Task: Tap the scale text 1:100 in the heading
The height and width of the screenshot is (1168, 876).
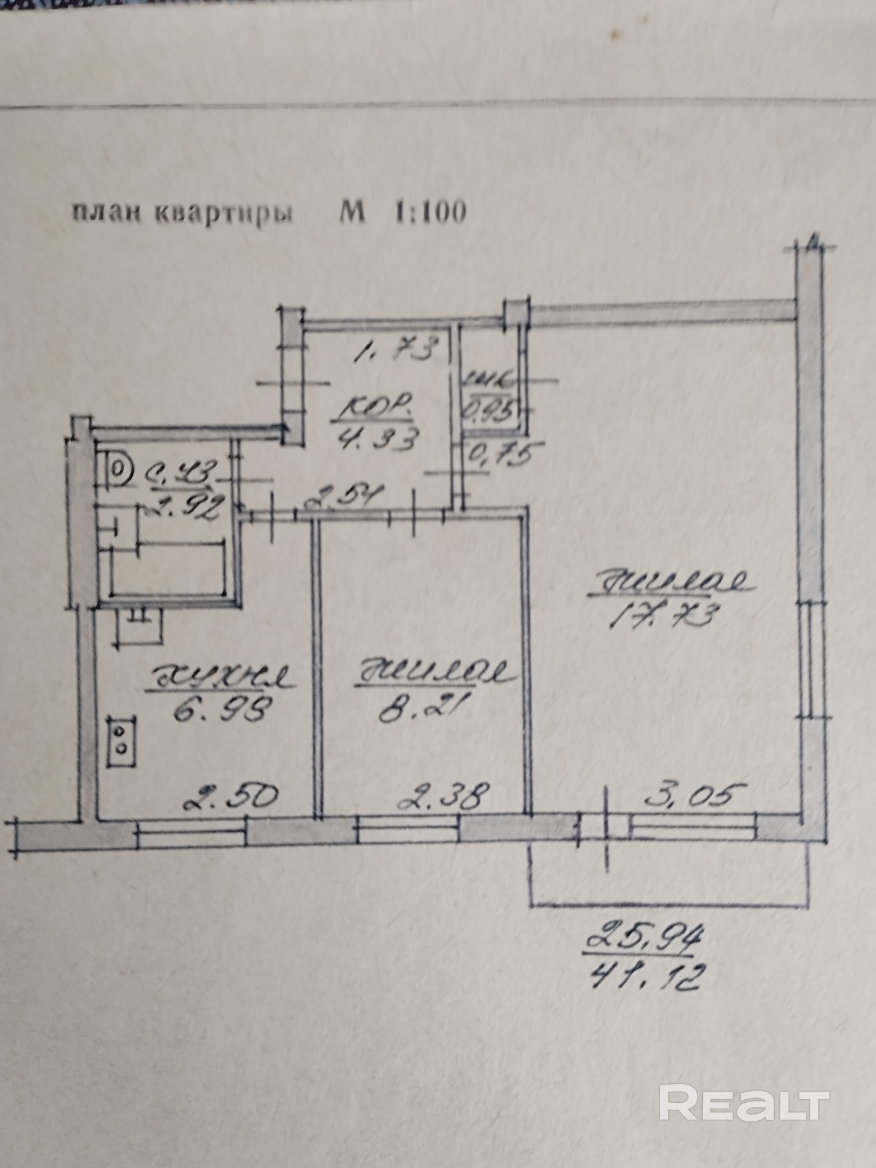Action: (429, 212)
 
